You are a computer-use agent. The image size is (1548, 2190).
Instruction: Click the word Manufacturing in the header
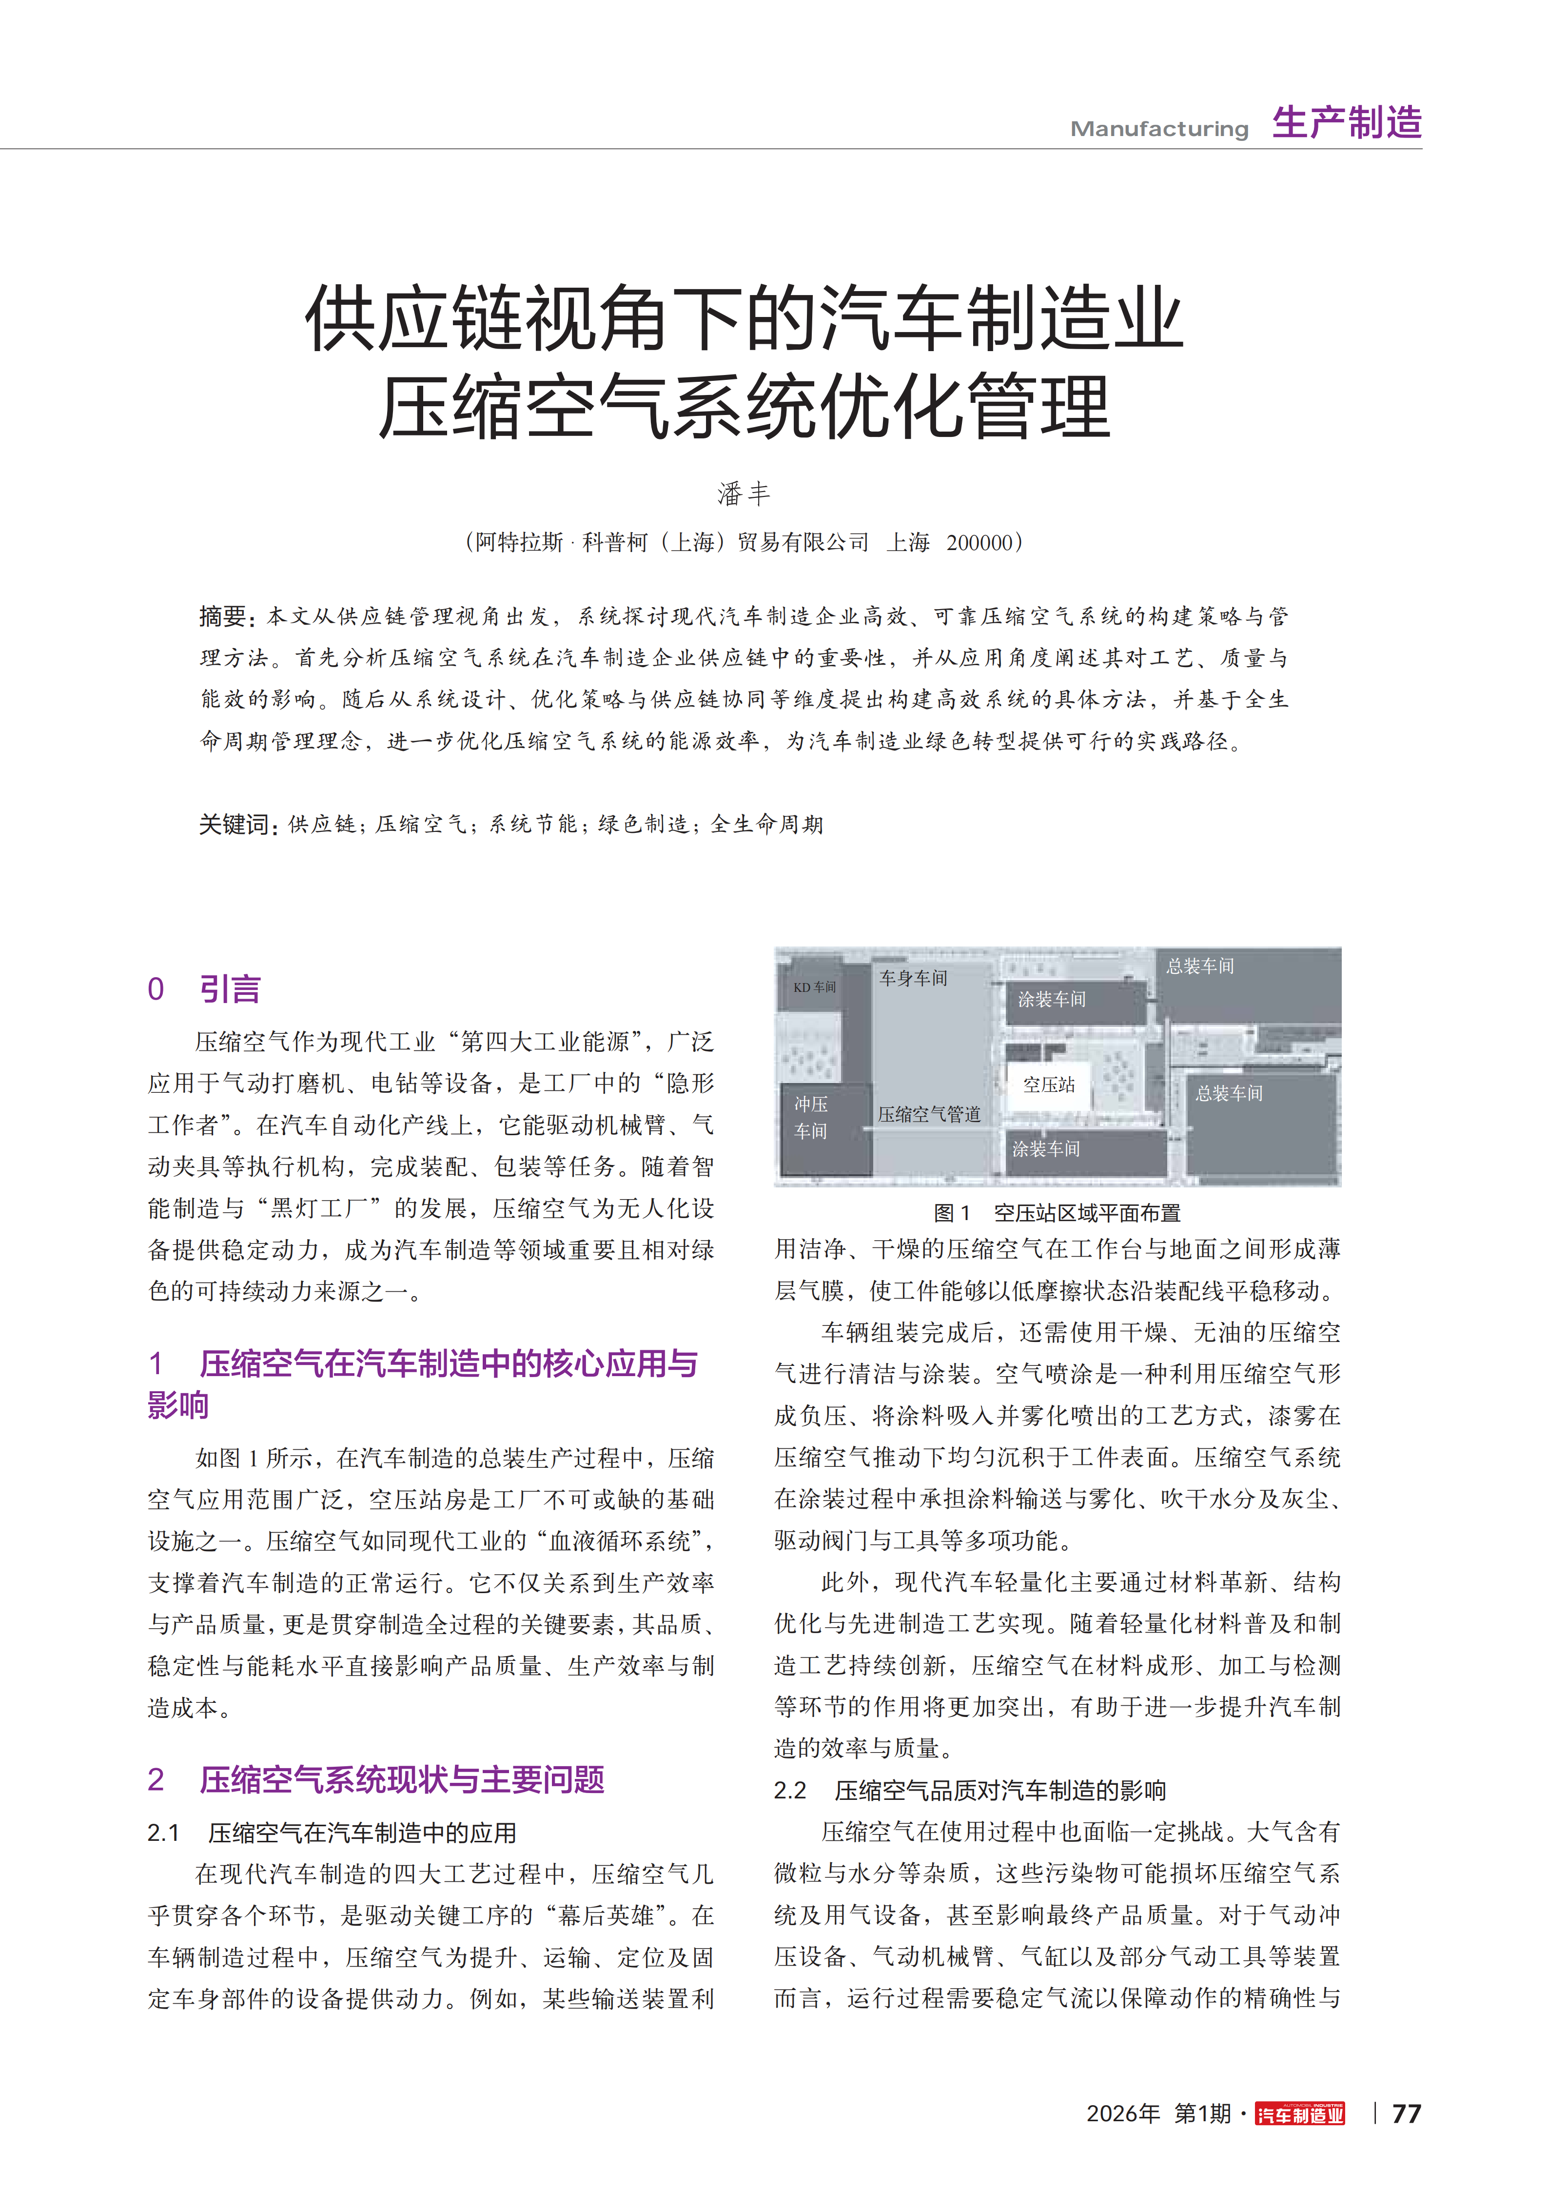pos(1159,129)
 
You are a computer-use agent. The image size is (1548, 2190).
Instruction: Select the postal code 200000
pos(980,543)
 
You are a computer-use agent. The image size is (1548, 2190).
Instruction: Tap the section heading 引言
pos(230,989)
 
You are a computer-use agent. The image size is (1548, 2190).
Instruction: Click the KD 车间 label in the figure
pos(815,987)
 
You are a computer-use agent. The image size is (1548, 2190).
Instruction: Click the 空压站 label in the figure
pos(1048,1085)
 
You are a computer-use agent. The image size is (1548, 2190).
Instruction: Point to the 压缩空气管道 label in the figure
pos(929,1114)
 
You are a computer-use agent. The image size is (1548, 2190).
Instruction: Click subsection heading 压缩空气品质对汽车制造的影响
pos(999,1790)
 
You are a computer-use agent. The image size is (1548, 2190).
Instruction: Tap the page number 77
pos(1406,2114)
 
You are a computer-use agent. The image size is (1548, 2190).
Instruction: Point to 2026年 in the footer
pos(1123,2114)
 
